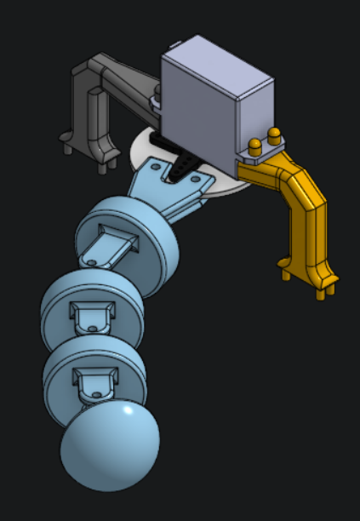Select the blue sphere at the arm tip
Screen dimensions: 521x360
tap(108, 446)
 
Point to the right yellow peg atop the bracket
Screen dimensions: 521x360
tap(274, 135)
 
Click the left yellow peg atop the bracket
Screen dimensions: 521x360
tap(254, 144)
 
